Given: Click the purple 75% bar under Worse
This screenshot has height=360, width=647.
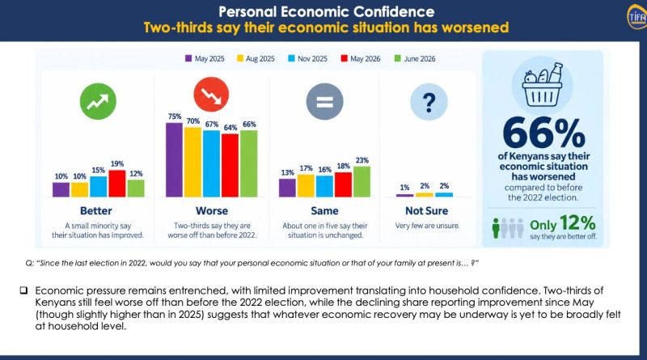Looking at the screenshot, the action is pyautogui.click(x=174, y=159).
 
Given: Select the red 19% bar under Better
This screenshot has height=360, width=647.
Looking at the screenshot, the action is pyautogui.click(x=117, y=184).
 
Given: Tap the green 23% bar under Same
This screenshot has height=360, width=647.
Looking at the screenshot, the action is pyautogui.click(x=362, y=182).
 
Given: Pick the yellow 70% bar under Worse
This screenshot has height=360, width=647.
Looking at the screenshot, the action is pyautogui.click(x=192, y=163).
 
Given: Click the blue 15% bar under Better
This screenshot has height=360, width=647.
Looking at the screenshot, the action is pyautogui.click(x=98, y=187).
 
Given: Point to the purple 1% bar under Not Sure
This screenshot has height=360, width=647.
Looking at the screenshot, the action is pyautogui.click(x=405, y=195).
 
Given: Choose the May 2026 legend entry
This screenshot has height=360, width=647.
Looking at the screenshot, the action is pyautogui.click(x=361, y=58).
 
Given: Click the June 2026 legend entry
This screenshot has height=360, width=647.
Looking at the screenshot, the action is pyautogui.click(x=415, y=58).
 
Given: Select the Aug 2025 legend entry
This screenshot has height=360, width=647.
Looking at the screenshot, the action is pyautogui.click(x=256, y=58).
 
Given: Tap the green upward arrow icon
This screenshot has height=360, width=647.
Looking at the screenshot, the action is pyautogui.click(x=98, y=102).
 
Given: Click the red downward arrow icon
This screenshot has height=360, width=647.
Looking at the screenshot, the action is pyautogui.click(x=211, y=95).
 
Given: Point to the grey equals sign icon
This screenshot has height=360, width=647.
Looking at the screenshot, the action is pyautogui.click(x=325, y=102).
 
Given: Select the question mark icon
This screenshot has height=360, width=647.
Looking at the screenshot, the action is pyautogui.click(x=429, y=102).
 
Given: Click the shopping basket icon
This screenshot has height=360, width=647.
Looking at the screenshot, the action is pyautogui.click(x=542, y=86).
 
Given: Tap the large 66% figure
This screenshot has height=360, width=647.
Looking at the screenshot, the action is pyautogui.click(x=543, y=133).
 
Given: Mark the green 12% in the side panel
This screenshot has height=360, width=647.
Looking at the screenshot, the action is pyautogui.click(x=577, y=223).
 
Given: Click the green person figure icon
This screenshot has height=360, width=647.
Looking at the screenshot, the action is pyautogui.click(x=496, y=228).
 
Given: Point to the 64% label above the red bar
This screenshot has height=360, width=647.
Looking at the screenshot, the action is pyautogui.click(x=230, y=128).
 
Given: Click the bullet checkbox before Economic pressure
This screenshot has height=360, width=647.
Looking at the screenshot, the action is pyautogui.click(x=24, y=290).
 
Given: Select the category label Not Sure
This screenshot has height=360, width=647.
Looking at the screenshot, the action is pyautogui.click(x=427, y=211).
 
